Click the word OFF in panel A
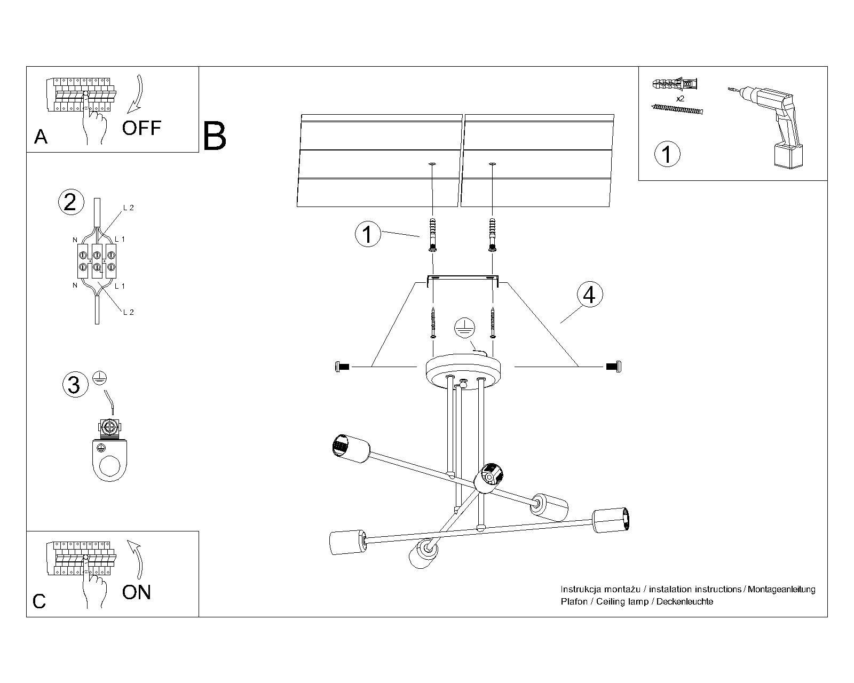coord(141,128)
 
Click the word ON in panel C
coord(137,592)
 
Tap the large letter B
coord(215,136)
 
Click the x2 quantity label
coord(680,99)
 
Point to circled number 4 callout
coord(589,295)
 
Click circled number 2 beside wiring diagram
coord(70,202)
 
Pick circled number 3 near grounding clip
coord(74,384)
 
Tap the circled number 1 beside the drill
coord(667,154)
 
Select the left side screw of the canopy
coord(341,367)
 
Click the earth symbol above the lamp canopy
coord(463,328)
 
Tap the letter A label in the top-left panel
coord(41,137)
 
